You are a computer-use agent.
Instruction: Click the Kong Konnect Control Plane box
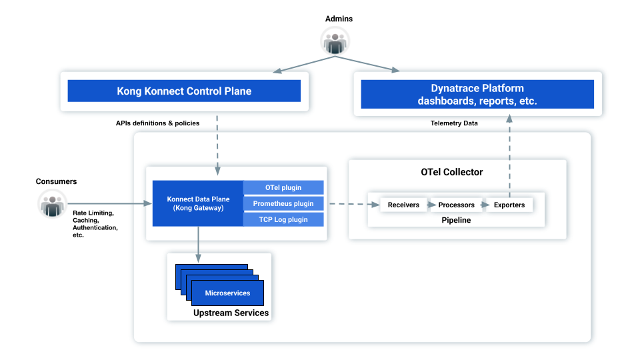(x=184, y=91)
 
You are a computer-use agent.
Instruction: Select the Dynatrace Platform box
(x=477, y=95)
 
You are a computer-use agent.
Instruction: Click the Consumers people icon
(x=52, y=203)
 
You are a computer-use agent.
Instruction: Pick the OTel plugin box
(x=284, y=187)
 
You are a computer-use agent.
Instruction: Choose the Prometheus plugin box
(x=284, y=203)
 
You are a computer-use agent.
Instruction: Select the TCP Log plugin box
(x=284, y=219)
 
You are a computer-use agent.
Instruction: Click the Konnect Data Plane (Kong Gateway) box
(x=198, y=203)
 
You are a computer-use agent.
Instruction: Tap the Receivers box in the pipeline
(x=403, y=205)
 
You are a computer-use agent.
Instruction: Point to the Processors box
(x=457, y=205)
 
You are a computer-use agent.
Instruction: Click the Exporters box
(x=509, y=205)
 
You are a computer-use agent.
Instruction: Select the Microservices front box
(x=227, y=293)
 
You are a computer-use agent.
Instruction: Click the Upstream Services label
(x=231, y=313)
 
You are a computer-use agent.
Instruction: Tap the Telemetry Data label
(x=454, y=123)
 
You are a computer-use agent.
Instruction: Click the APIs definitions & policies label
(x=157, y=123)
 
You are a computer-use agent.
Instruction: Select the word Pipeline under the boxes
(x=456, y=220)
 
